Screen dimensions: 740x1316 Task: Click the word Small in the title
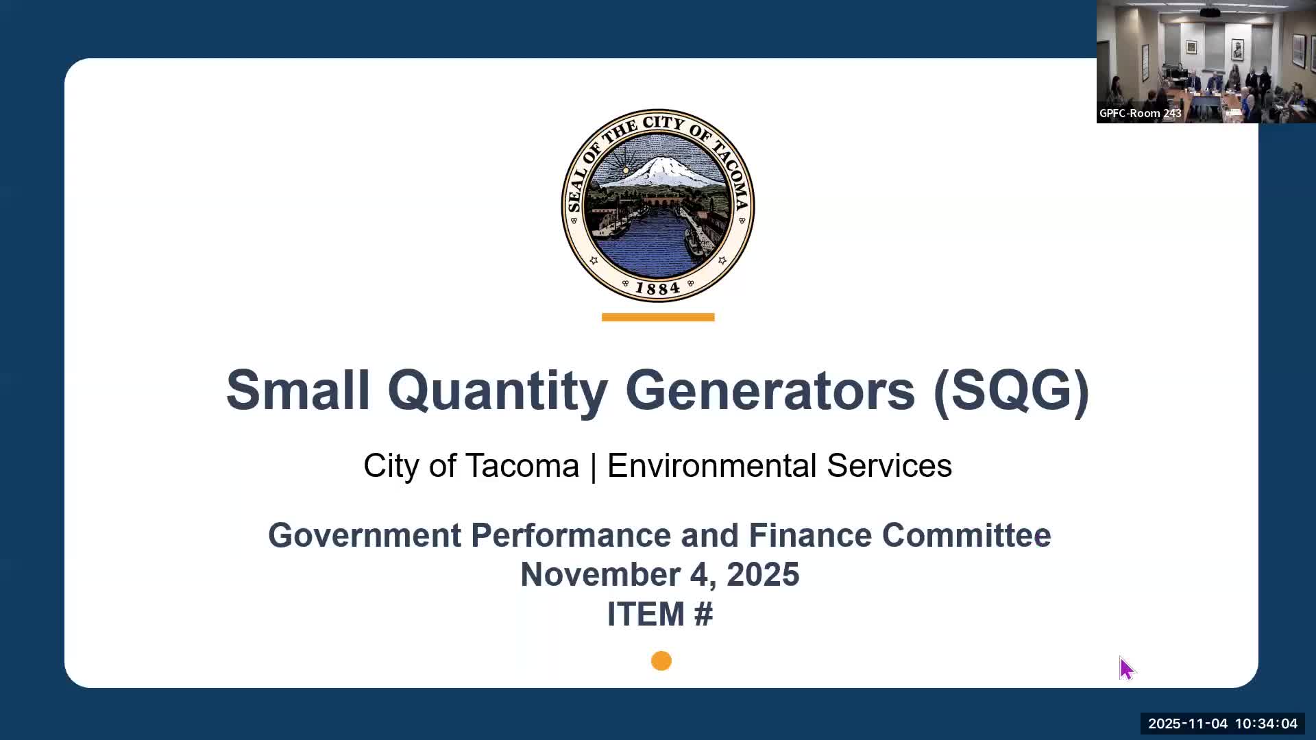point(297,390)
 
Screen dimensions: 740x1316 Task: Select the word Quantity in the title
point(497,390)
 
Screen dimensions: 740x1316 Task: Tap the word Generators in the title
point(770,390)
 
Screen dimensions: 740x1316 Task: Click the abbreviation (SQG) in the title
point(1011,390)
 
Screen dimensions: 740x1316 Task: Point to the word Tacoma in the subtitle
point(523,466)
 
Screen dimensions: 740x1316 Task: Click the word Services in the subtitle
point(889,466)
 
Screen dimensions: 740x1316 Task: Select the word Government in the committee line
point(364,535)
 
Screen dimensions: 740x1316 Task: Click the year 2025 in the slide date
point(763,574)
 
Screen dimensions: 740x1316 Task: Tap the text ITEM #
point(659,614)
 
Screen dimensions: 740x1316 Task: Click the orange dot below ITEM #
point(661,661)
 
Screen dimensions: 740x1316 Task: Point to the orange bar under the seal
point(657,317)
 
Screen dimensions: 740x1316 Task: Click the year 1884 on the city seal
point(657,288)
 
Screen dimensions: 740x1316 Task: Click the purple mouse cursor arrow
point(1126,668)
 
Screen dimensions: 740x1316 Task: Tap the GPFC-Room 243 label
point(1140,114)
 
